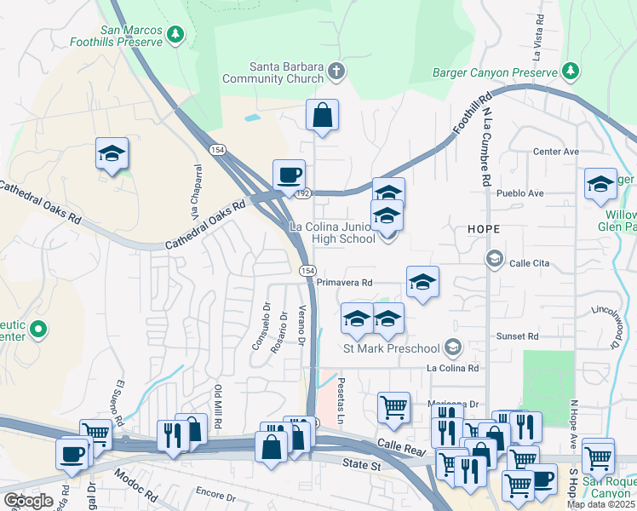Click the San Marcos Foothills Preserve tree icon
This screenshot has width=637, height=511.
(175, 34)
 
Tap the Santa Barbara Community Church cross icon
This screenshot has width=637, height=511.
(337, 71)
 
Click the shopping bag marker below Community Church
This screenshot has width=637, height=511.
(322, 115)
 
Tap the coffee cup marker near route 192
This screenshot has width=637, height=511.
(289, 175)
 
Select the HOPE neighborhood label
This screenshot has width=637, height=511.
(483, 230)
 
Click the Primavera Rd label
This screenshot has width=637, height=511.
(344, 282)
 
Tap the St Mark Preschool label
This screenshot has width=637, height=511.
(391, 347)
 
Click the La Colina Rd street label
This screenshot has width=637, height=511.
(453, 369)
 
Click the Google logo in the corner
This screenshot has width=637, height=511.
(27, 500)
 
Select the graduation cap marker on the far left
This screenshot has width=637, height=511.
(112, 154)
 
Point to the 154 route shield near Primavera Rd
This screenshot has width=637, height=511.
(307, 269)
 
